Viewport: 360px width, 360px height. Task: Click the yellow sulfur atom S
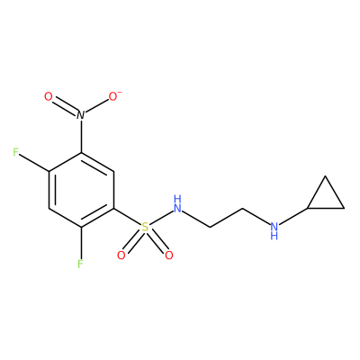pos(145,227)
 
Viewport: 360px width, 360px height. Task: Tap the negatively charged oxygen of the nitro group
pos(113,97)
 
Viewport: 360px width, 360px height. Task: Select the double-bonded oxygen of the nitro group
pos(49,97)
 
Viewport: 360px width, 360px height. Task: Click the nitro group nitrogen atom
pos(80,115)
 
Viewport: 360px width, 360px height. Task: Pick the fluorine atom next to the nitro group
pos(16,152)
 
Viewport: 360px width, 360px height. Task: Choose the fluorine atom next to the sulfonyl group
pos(80,264)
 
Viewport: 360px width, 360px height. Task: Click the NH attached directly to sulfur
pos(177,203)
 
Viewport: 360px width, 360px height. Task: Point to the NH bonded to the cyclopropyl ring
pos(274,230)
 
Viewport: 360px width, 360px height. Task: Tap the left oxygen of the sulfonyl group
pos(121,256)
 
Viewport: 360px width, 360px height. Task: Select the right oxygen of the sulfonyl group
pos(169,256)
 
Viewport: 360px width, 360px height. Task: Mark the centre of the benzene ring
pos(81,190)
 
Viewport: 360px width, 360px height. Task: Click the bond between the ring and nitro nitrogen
pos(81,137)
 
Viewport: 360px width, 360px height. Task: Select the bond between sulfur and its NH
pos(161,218)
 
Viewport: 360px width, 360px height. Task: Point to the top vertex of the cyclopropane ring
pos(325,176)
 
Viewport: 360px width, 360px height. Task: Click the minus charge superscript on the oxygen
pos(121,92)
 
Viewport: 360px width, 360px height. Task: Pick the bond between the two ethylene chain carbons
pos(226,218)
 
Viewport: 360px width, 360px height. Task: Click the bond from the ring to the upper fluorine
pos(34,163)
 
